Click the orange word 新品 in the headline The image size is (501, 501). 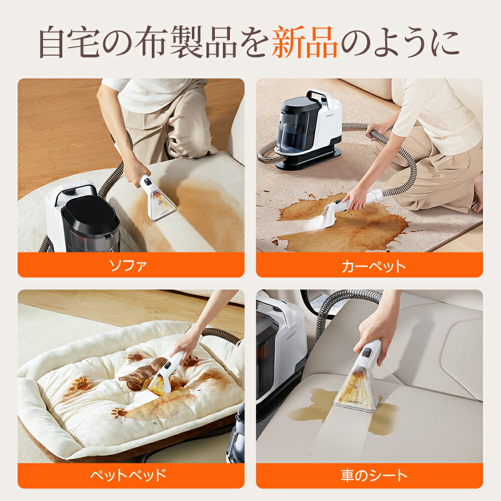pos(305,44)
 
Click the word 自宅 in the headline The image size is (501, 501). pos(71,44)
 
